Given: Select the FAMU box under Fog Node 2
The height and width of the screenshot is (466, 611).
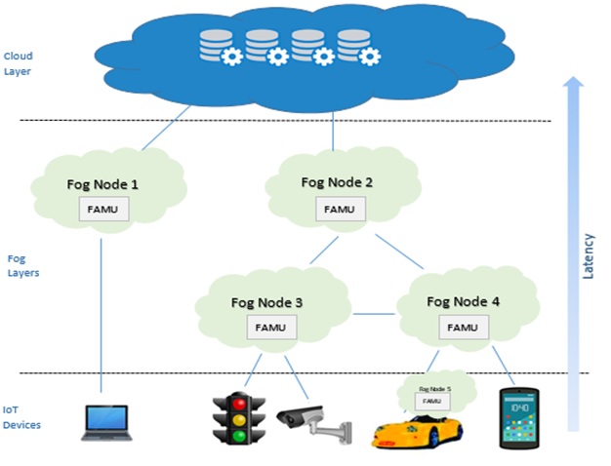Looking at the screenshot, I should (339, 208).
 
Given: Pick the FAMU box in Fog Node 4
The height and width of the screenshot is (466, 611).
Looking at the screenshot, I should (463, 328).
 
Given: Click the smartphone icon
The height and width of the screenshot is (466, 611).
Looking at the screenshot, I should (519, 419).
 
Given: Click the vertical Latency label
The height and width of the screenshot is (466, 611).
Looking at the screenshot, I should (588, 255).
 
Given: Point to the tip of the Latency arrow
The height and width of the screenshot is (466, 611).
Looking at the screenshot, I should (574, 80).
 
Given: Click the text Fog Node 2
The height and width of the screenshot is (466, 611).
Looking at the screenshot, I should (337, 182).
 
